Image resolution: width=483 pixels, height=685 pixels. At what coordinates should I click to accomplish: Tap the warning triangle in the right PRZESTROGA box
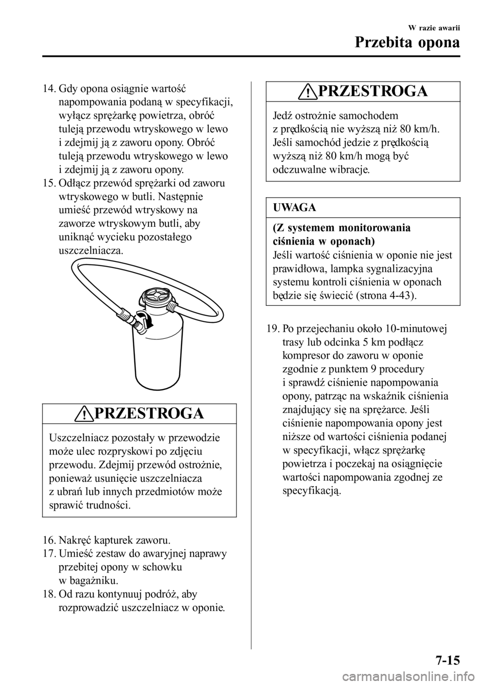310,92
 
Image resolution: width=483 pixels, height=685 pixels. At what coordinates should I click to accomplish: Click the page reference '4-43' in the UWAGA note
400,295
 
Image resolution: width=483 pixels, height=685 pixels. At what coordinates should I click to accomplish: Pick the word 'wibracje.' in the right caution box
348,169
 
